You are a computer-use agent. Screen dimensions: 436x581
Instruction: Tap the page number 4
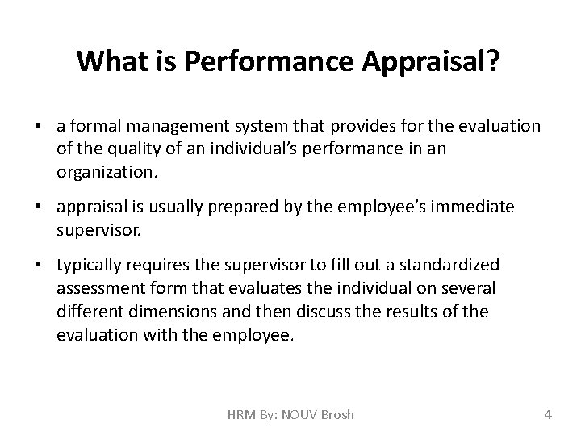click(x=548, y=415)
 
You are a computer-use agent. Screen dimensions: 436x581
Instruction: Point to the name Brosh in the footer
click(x=336, y=415)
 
